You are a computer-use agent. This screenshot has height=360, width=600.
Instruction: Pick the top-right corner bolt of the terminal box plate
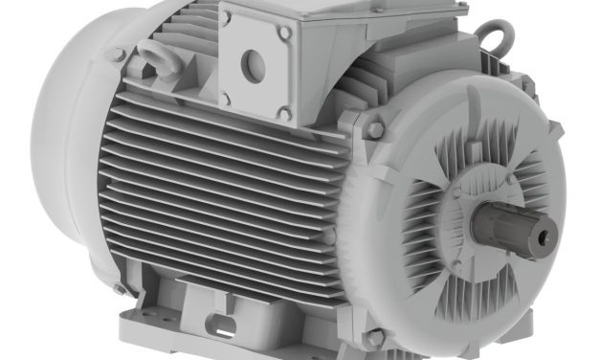(x=284, y=34)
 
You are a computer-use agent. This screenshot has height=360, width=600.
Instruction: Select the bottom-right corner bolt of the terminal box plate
(x=284, y=113)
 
